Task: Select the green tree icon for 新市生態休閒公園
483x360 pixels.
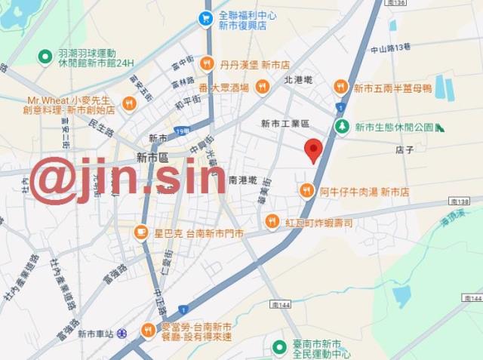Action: coord(343,127)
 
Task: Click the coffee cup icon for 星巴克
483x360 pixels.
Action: coord(140,232)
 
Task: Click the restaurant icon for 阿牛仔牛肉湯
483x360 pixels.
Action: coord(306,191)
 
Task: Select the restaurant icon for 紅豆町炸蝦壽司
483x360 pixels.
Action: coord(272,221)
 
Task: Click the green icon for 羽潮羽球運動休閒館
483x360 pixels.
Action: coord(45,57)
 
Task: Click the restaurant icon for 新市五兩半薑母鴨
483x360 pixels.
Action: coord(340,88)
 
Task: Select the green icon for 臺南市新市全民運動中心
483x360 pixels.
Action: coord(278,347)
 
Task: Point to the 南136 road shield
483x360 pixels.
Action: coord(398,4)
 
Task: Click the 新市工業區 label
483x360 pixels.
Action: coord(285,123)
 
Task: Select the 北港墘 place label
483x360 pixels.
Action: coord(298,79)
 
